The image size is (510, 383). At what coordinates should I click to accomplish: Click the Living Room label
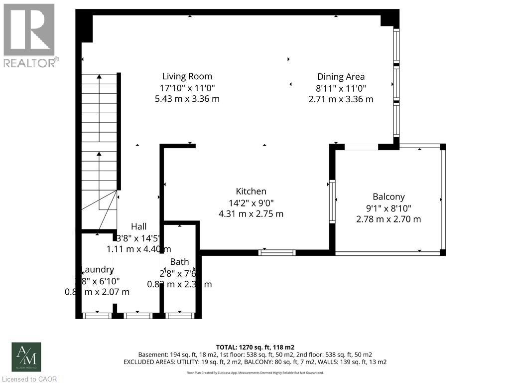click(x=187, y=76)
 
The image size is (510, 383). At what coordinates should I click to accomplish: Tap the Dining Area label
click(x=341, y=76)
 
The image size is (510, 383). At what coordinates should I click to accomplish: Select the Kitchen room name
click(x=251, y=191)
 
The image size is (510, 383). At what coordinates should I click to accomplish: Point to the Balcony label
click(x=388, y=196)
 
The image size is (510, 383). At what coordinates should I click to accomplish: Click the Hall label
click(x=138, y=226)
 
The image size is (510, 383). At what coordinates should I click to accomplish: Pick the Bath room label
click(x=179, y=262)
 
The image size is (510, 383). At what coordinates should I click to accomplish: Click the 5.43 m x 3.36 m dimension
click(x=187, y=99)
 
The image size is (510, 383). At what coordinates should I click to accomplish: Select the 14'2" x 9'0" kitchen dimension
click(x=251, y=202)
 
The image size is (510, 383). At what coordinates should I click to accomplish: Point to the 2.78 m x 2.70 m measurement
click(x=388, y=219)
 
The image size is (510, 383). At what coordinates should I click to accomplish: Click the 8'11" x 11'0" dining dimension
click(x=341, y=88)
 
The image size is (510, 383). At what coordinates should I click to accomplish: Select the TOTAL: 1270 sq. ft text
click(x=255, y=347)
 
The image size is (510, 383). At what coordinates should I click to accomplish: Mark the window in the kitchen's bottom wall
click(x=277, y=253)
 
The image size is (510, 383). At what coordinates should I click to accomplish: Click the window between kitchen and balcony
click(x=332, y=201)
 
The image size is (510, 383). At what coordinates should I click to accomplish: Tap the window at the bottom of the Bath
click(x=180, y=315)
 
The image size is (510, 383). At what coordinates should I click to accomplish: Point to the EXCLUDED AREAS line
click(x=255, y=362)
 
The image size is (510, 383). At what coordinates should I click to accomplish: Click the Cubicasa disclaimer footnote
click(x=255, y=373)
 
